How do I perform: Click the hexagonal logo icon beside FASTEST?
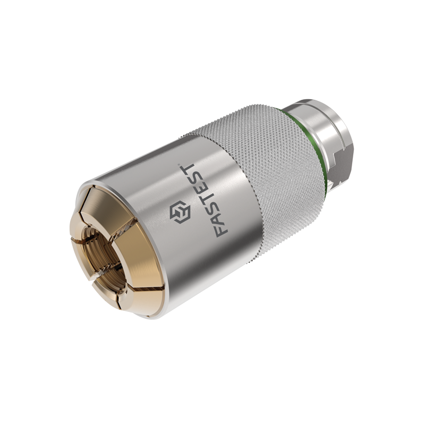pyautogui.click(x=180, y=211)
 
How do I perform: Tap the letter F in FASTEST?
pyautogui.click(x=221, y=228)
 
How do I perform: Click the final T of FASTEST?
pyautogui.click(x=190, y=169)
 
